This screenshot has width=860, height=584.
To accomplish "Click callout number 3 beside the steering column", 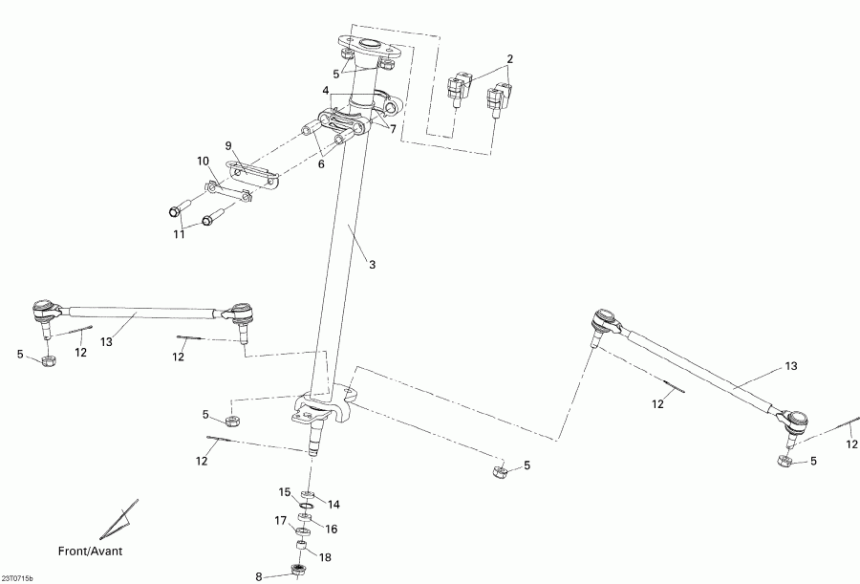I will [x=372, y=264].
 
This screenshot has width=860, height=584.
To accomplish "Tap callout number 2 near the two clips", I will [x=510, y=59].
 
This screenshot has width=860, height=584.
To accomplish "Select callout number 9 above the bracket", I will [x=228, y=146].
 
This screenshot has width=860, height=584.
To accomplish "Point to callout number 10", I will [x=202, y=161].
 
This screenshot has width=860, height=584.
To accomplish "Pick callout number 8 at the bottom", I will [x=258, y=576].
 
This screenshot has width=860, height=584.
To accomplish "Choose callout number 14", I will [x=333, y=504].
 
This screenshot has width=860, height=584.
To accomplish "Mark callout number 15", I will [x=284, y=492].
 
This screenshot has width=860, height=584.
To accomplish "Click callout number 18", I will [x=325, y=556].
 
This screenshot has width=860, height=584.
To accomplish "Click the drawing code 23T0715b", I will [x=17, y=578].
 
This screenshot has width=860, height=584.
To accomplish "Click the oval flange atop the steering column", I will [x=366, y=44].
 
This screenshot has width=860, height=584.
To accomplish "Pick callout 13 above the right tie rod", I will [x=790, y=366].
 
